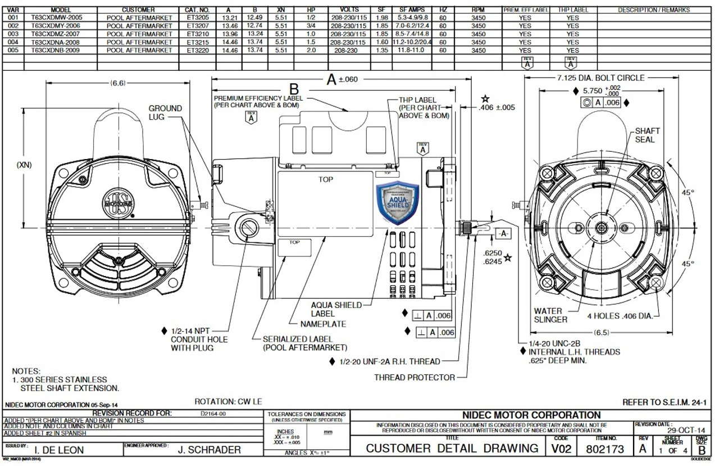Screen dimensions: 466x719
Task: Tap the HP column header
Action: [311, 10]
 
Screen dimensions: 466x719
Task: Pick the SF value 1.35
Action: [382, 50]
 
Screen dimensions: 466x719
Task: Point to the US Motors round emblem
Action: [117, 203]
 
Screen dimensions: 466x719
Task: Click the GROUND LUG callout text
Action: [165, 112]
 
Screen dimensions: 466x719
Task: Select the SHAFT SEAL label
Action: [647, 135]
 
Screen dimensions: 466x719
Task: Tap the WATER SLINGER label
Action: [550, 315]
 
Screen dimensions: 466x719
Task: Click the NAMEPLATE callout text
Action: [323, 324]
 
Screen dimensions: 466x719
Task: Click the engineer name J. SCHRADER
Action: [209, 450]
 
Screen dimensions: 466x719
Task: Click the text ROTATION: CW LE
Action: [227, 401]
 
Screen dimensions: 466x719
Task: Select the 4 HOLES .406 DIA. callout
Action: [620, 316]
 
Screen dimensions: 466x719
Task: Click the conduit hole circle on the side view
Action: [247, 227]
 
